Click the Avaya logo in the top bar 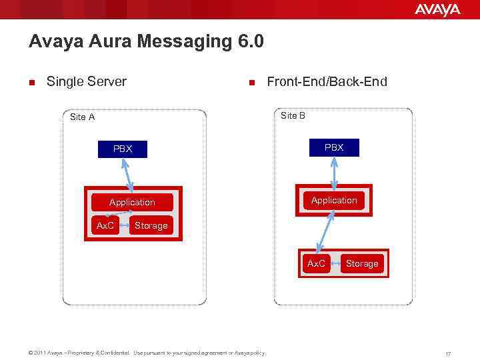pyautogui.click(x=437, y=9)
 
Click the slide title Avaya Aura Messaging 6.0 pyautogui.click(x=146, y=42)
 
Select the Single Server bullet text pyautogui.click(x=86, y=82)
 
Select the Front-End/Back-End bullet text pyautogui.click(x=326, y=82)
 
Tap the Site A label pyautogui.click(x=82, y=117)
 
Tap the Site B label pyautogui.click(x=293, y=115)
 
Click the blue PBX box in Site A pyautogui.click(x=123, y=149)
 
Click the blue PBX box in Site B pyautogui.click(x=334, y=147)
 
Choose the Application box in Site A pyautogui.click(x=132, y=202)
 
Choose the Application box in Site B pyautogui.click(x=334, y=200)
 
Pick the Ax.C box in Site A pyautogui.click(x=105, y=225)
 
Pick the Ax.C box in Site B pyautogui.click(x=316, y=263)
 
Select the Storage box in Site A pyautogui.click(x=151, y=225)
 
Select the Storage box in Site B pyautogui.click(x=362, y=263)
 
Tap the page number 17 pyautogui.click(x=448, y=353)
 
